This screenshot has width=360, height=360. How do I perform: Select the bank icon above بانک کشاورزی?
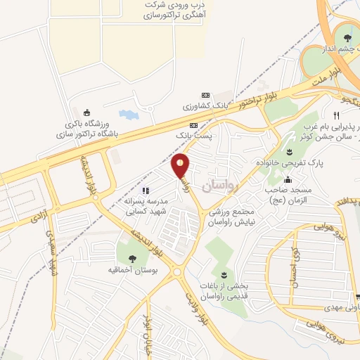pos(205,96)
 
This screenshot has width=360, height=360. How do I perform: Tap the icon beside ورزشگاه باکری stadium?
pos(87,112)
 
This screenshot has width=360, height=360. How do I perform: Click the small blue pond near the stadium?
pos(128,114)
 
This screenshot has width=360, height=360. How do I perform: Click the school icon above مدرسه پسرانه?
pos(145,190)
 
